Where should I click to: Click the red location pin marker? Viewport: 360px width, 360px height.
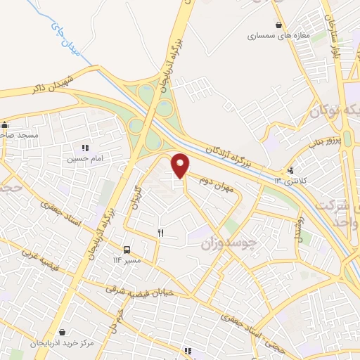click(x=181, y=165)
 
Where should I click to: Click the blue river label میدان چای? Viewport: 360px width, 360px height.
click(x=63, y=35)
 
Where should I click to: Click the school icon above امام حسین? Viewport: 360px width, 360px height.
click(x=85, y=148)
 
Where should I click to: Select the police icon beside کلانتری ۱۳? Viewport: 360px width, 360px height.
click(x=290, y=170)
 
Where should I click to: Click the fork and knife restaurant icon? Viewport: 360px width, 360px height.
click(x=161, y=233)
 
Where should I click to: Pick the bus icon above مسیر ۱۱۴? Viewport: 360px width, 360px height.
click(x=127, y=250)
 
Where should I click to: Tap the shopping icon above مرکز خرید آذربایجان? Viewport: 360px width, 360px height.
click(x=63, y=332)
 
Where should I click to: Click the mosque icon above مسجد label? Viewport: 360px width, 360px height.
click(x=5, y=122)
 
